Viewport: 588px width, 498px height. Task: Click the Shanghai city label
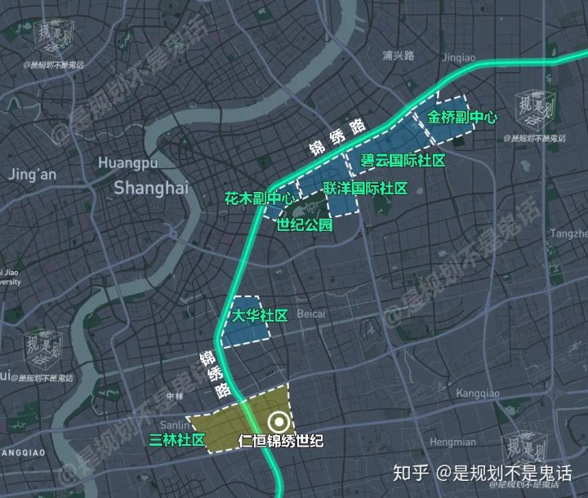pos(150,188)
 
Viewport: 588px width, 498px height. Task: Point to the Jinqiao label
pos(457,57)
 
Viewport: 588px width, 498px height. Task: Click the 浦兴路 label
pos(399,56)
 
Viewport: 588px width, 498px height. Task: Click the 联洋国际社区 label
pos(365,189)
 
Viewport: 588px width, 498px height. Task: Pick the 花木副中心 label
pos(260,198)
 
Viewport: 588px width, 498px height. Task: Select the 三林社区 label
pos(177,440)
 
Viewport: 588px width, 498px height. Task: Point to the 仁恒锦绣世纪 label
pos(280,442)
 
